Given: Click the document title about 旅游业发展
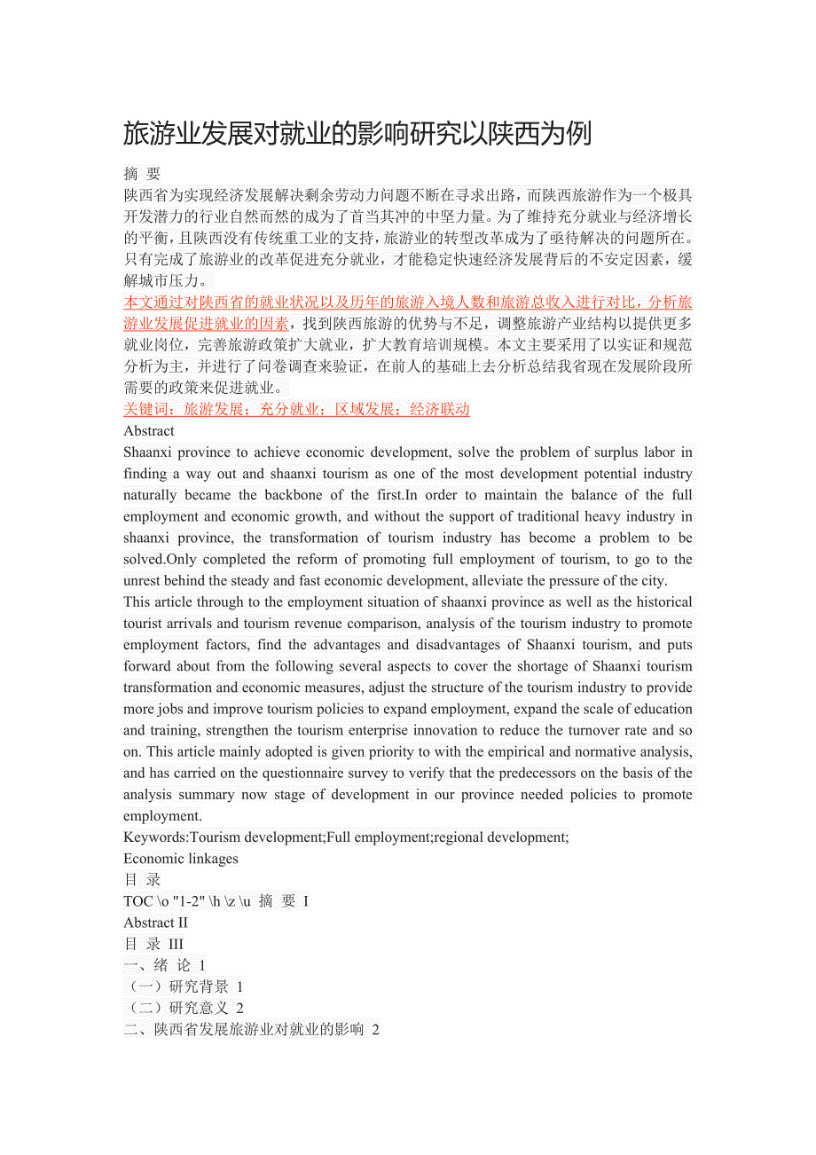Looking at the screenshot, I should pyautogui.click(x=357, y=134).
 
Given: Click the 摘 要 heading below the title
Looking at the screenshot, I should pyautogui.click(x=142, y=174).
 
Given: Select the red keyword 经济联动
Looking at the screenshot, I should pyautogui.click(x=440, y=409).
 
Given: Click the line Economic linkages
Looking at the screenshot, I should pyautogui.click(x=181, y=858).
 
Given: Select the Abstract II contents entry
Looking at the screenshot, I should pyautogui.click(x=155, y=923).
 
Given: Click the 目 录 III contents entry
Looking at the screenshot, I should pyautogui.click(x=153, y=944).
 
